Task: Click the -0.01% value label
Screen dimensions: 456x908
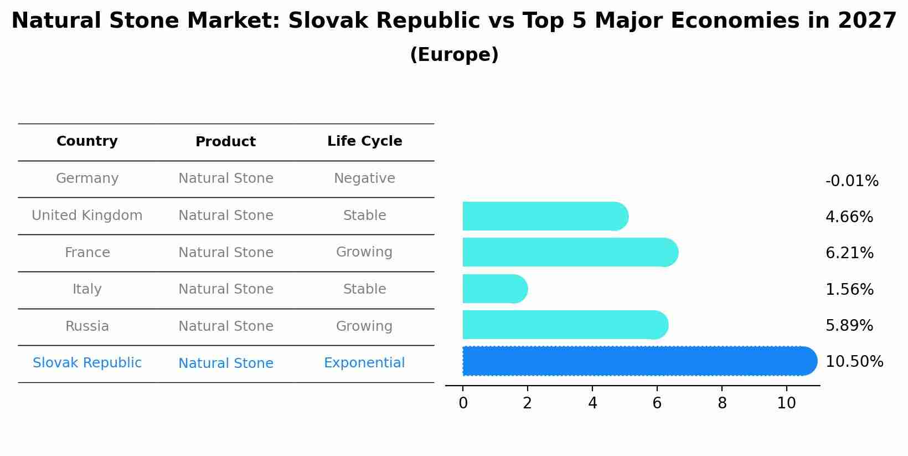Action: pos(852,181)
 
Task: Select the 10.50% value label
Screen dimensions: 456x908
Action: pos(854,362)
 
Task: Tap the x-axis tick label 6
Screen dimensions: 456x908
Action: pos(657,403)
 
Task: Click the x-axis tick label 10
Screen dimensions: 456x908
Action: pos(786,403)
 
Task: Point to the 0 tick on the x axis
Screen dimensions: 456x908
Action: pos(463,403)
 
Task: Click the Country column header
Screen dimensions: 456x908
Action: pos(87,141)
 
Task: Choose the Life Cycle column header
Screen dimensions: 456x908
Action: pos(364,141)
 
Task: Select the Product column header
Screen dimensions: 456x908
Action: pos(225,142)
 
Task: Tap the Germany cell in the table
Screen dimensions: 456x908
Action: pos(87,178)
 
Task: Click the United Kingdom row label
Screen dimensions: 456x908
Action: pos(87,216)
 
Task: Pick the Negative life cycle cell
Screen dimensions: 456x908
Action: pos(364,178)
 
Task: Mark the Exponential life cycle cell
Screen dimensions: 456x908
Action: pos(364,363)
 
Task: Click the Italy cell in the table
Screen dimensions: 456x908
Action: pos(87,289)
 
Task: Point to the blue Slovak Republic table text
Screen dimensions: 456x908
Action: pos(87,363)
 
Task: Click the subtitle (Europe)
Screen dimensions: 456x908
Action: pos(454,55)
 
